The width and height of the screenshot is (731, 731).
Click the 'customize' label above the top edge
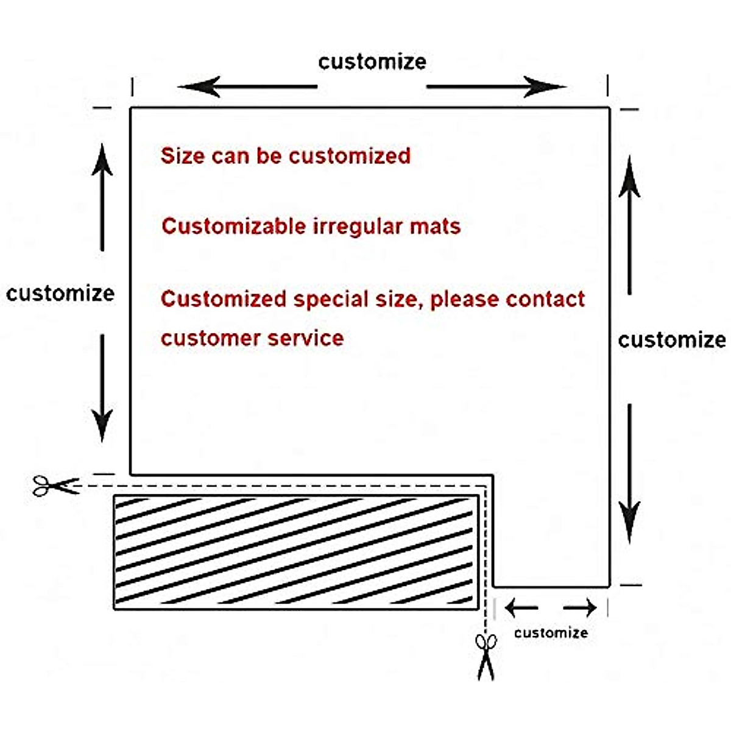coord(372,62)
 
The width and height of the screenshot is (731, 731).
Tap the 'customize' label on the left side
coord(60,294)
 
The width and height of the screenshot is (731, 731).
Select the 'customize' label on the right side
coord(672,340)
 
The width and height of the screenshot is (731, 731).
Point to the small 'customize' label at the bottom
coord(551,633)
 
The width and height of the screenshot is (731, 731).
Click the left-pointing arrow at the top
coord(247,87)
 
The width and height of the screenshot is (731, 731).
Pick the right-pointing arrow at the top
coord(496,87)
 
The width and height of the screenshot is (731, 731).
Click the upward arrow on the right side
coord(629,225)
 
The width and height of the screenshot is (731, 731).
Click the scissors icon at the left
coord(55,486)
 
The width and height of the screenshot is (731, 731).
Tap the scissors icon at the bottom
coord(486,656)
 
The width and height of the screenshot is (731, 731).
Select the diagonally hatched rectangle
coord(296,552)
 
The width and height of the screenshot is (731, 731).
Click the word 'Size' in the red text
coord(182,156)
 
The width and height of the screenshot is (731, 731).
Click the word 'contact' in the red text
coord(545,299)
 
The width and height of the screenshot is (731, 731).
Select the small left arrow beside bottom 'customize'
coord(521,607)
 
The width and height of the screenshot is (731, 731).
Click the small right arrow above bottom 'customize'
coord(580,607)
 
